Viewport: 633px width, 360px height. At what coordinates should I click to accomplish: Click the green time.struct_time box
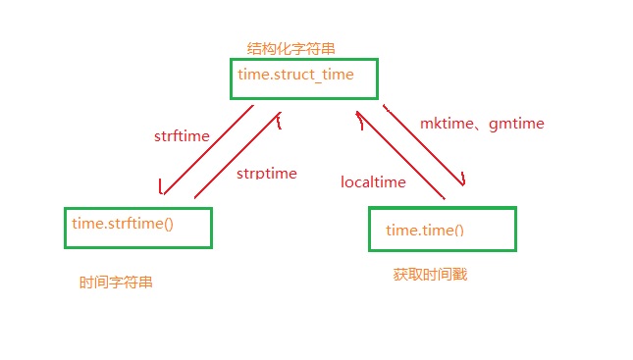point(303,77)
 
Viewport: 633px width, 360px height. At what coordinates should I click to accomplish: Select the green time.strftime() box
point(137,227)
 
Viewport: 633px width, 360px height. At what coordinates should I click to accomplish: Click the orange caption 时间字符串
point(116,283)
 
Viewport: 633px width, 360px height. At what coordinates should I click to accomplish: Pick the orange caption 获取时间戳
point(429,275)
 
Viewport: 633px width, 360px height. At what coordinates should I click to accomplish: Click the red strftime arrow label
point(182,136)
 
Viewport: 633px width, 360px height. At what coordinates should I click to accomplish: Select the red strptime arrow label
point(266,173)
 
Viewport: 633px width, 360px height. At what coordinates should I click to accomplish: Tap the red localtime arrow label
point(373,182)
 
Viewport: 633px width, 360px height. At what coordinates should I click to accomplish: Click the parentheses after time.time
point(455,231)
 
